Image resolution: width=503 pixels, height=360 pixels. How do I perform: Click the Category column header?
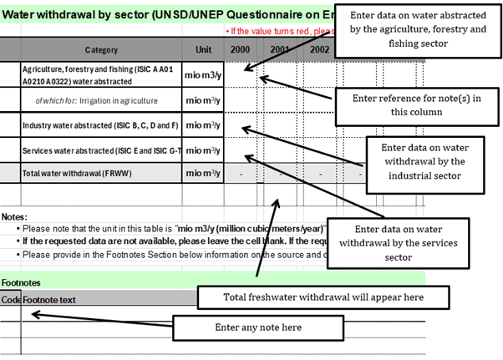click(x=100, y=49)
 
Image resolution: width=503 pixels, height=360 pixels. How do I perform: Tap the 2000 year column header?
click(x=240, y=49)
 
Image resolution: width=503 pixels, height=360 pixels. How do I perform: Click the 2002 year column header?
click(x=319, y=49)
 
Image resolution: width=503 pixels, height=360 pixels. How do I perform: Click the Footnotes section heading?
click(x=21, y=282)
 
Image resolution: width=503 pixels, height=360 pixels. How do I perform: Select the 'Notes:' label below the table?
click(x=17, y=214)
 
